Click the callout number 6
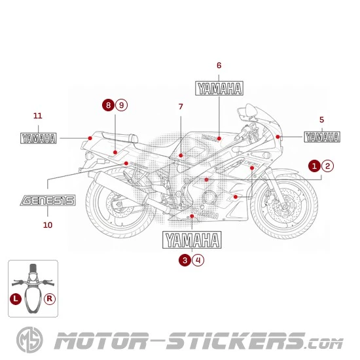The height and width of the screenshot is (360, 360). coord(219,65)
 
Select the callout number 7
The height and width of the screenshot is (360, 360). coord(181,107)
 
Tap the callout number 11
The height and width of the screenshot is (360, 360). coord(38,116)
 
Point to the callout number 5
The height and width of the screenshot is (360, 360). coord(321,119)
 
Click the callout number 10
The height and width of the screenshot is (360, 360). coord(48,225)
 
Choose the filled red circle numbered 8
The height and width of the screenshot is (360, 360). coord(108,105)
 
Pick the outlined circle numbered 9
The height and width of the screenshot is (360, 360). coord(121,105)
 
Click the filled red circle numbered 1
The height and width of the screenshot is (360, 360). coord(315,166)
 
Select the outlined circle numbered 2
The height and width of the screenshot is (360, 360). coord(328,166)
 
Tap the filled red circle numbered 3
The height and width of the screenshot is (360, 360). coord(185,260)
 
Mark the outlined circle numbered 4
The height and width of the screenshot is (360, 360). coord(198,260)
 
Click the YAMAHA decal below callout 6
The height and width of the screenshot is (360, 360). coord(219,89)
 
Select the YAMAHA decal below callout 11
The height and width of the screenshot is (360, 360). coord(39,138)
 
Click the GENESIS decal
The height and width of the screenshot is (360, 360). coord(48,200)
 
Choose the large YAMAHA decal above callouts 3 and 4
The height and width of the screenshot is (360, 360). coord(192,240)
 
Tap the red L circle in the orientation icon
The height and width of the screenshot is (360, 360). coord(16,298)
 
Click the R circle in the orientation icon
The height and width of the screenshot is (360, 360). coord(50,298)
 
